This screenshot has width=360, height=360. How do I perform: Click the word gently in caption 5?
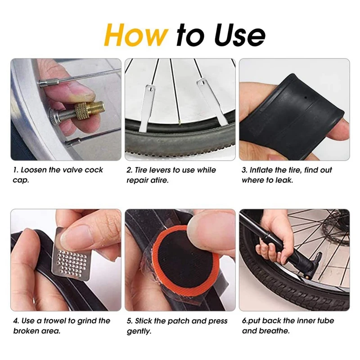tap(139, 331)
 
